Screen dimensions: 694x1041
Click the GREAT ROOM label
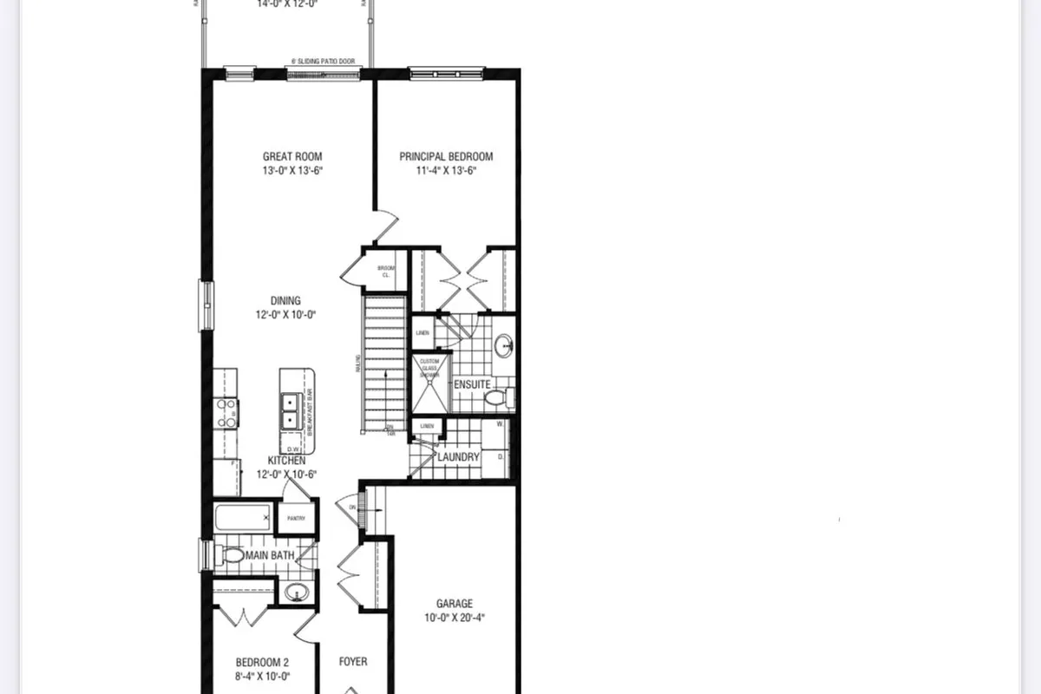(292, 157)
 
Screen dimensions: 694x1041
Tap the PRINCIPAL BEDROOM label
(446, 157)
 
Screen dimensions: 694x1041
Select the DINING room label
(285, 301)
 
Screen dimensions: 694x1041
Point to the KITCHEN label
(285, 461)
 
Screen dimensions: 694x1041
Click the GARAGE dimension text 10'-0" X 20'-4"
(455, 619)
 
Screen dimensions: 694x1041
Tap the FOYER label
(353, 662)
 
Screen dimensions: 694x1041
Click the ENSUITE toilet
(497, 398)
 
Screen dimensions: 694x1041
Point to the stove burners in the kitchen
(226, 412)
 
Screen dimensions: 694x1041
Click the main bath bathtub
(242, 520)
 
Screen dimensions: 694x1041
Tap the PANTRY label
(297, 518)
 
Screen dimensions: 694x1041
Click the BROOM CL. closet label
(387, 271)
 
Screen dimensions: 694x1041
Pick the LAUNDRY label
(458, 457)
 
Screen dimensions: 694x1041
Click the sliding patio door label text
(324, 62)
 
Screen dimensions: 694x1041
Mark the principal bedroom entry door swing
(383, 226)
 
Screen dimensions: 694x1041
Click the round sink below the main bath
(296, 593)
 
